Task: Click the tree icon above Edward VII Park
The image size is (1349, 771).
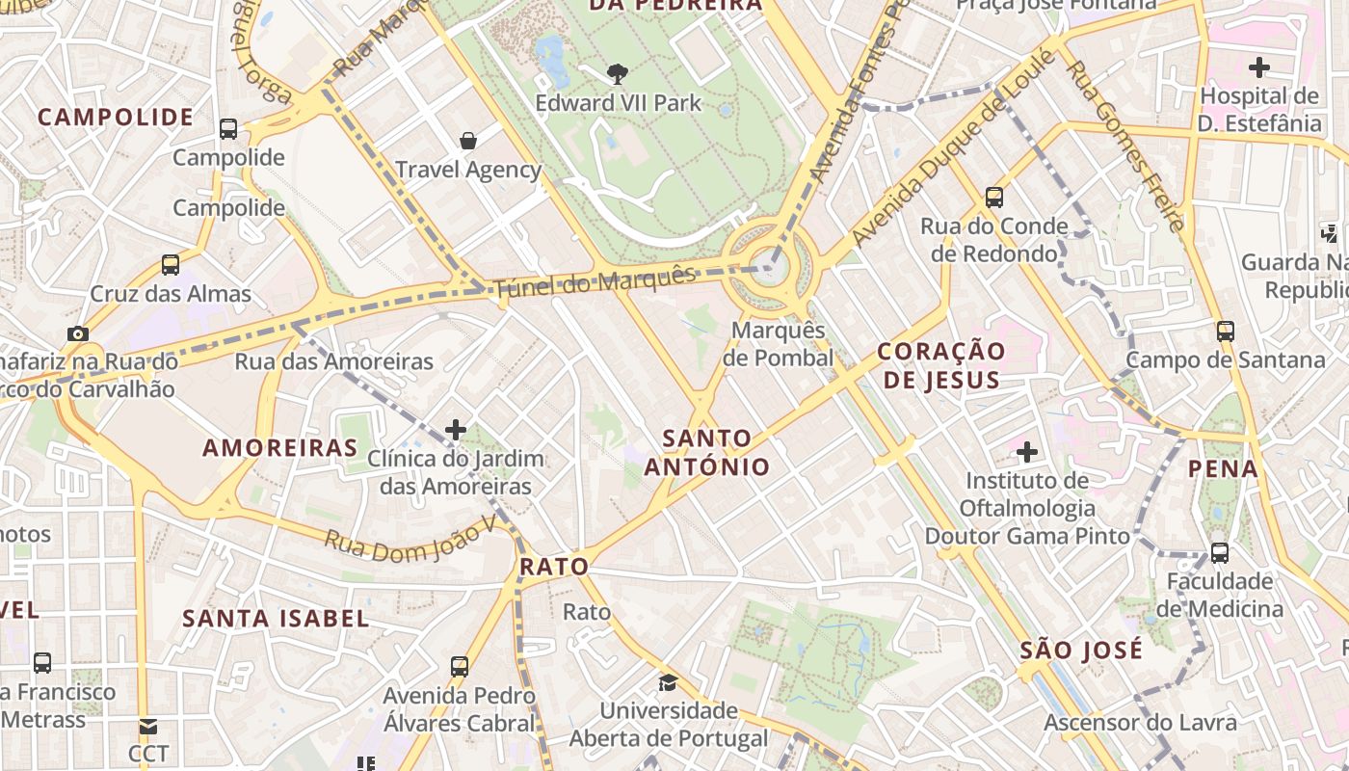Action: pos(618,73)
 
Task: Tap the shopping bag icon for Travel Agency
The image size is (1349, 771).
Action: pos(468,141)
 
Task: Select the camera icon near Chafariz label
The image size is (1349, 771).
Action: pos(78,333)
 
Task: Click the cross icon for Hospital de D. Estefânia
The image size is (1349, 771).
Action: pos(1258,67)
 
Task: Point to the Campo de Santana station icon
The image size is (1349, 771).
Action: pos(1226,332)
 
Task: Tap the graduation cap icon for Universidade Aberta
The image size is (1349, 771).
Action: pos(667,682)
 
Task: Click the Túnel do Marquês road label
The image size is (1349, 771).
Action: pos(594,281)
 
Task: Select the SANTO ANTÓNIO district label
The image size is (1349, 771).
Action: pos(707,453)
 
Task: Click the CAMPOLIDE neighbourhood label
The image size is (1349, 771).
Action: pos(116,118)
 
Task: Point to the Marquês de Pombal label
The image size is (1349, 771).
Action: pos(779,344)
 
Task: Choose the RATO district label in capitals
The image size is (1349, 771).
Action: pos(554,568)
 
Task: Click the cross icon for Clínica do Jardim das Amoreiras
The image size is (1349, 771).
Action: pos(456,430)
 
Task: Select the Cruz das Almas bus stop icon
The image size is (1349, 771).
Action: pos(171,264)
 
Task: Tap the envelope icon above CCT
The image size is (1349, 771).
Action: pos(147,726)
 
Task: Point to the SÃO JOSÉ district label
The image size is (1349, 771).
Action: pos(1081,650)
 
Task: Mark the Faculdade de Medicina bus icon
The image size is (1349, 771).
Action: pos(1220,553)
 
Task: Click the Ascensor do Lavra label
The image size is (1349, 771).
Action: pos(1140,723)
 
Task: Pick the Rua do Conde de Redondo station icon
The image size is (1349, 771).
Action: pos(994,198)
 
